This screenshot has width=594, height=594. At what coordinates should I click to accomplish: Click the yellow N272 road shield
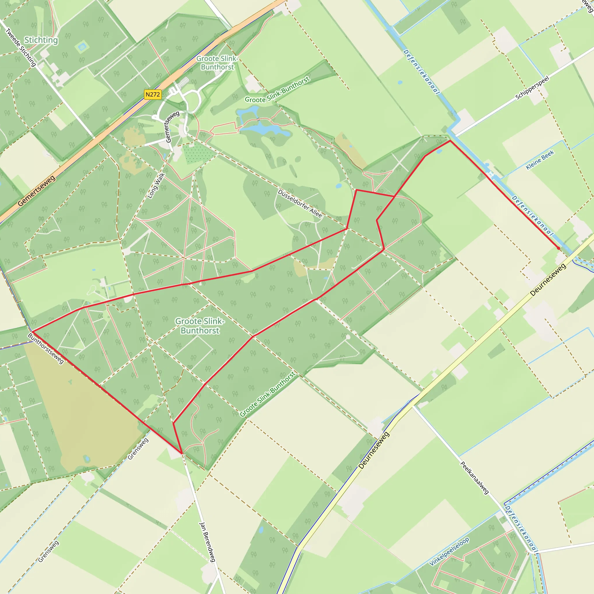click(x=153, y=94)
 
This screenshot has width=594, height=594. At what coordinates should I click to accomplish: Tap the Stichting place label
click(x=41, y=40)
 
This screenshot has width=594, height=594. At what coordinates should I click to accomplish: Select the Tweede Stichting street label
click(x=21, y=47)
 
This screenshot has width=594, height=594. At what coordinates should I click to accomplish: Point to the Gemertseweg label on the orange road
click(x=37, y=191)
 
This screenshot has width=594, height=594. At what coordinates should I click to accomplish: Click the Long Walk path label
click(x=156, y=186)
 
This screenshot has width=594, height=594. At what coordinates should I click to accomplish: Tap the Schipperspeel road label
click(x=532, y=88)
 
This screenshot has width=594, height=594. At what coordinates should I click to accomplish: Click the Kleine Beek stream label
click(x=540, y=160)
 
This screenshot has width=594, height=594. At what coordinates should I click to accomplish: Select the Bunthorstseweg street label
click(x=46, y=348)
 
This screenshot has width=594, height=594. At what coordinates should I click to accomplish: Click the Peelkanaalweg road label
click(x=475, y=478)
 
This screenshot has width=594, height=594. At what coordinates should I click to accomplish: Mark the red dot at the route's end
click(x=558, y=248)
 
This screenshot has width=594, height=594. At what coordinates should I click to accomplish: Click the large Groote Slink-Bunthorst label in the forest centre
click(x=200, y=326)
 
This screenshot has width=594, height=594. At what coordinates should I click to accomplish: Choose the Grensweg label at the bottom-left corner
click(x=48, y=552)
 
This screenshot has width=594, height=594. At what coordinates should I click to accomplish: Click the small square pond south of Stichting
click(x=82, y=47)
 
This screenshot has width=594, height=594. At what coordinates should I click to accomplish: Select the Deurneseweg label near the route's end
click(x=548, y=280)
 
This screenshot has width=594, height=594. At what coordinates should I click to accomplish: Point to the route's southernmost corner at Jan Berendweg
click(x=182, y=453)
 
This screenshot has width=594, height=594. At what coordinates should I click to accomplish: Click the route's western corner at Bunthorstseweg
click(x=32, y=332)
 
